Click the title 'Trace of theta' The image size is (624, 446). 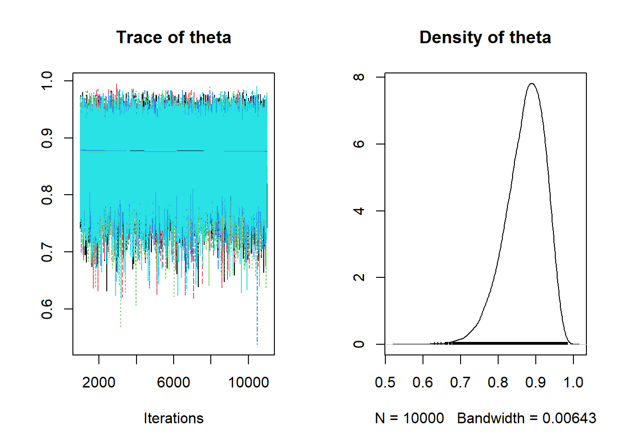click(174, 38)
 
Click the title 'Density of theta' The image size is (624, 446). click(485, 38)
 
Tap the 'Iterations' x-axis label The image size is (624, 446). click(174, 418)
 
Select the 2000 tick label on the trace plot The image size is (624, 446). click(98, 382)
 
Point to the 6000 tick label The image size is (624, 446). click(174, 382)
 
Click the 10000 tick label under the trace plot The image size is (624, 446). click(248, 382)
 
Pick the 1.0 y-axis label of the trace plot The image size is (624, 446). click(47, 81)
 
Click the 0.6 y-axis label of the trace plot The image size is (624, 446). click(47, 309)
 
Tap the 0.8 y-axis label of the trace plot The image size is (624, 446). click(47, 195)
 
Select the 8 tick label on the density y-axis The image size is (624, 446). click(359, 77)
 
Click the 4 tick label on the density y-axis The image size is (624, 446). click(359, 211)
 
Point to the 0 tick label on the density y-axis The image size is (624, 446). click(359, 344)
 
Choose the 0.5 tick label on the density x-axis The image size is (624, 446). click(385, 382)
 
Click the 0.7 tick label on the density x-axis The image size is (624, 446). click(460, 382)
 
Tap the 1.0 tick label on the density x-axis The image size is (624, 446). click(573, 382)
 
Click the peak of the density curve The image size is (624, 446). click(532, 84)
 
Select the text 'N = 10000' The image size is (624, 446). click(409, 418)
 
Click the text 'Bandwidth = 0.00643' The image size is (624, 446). click(526, 418)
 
